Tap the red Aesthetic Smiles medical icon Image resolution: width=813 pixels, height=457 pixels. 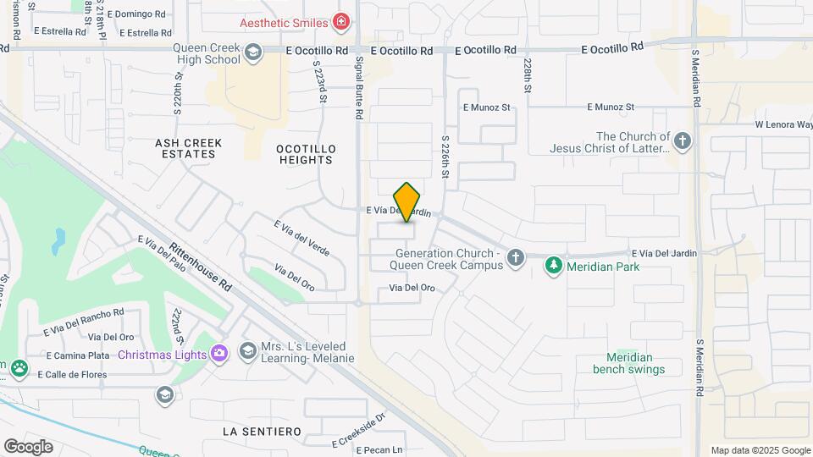tap(341, 21)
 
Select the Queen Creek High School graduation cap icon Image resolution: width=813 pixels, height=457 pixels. tap(252, 53)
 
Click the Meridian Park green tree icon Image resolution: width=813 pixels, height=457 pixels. tap(553, 266)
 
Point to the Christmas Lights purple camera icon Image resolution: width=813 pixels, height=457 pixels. tap(218, 353)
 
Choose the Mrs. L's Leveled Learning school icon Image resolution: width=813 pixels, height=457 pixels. tap(247, 350)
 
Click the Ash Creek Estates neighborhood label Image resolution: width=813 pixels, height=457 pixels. tap(188, 149)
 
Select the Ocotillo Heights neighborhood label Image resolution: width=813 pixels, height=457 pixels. tap(306, 154)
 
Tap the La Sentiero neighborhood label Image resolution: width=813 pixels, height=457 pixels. tap(262, 432)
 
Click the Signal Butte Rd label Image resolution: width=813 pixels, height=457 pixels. tap(359, 88)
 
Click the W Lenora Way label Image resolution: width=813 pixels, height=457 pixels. tap(783, 125)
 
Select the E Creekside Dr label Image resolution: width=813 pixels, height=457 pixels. tap(358, 428)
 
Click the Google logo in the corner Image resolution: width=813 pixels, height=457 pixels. tap(28, 447)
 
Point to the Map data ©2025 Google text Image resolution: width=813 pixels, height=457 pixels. tap(760, 450)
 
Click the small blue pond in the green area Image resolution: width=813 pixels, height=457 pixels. tap(58, 242)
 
